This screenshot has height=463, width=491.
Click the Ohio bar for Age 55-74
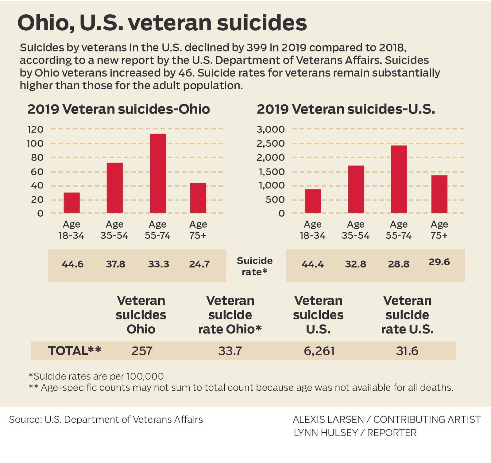pos(158,173)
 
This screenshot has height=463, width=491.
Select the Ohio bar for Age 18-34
pos(72,203)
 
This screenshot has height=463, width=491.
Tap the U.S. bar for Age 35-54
pos(356,189)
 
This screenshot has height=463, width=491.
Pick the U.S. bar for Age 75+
pos(439,194)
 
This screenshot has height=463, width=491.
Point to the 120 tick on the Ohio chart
pos(36,129)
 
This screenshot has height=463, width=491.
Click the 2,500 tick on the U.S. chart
pos(271,143)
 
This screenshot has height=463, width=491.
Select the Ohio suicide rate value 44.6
pos(72,264)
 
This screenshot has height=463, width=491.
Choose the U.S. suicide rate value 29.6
pos(439,262)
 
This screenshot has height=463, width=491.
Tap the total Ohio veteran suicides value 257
pos(142,351)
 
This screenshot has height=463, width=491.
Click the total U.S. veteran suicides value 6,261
pos(319,351)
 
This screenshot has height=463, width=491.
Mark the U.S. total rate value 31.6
pos(407,351)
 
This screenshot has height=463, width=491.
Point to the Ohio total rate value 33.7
pos(230,351)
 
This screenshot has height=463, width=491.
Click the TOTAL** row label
pos(74,351)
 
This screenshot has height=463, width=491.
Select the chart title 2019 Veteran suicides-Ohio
pos(118,109)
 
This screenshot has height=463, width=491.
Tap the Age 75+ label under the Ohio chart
pos(198,230)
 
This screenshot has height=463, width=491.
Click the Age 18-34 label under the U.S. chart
pos(312,230)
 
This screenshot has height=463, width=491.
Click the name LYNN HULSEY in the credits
pos(326,433)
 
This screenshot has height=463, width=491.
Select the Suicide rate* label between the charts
pos(254,266)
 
